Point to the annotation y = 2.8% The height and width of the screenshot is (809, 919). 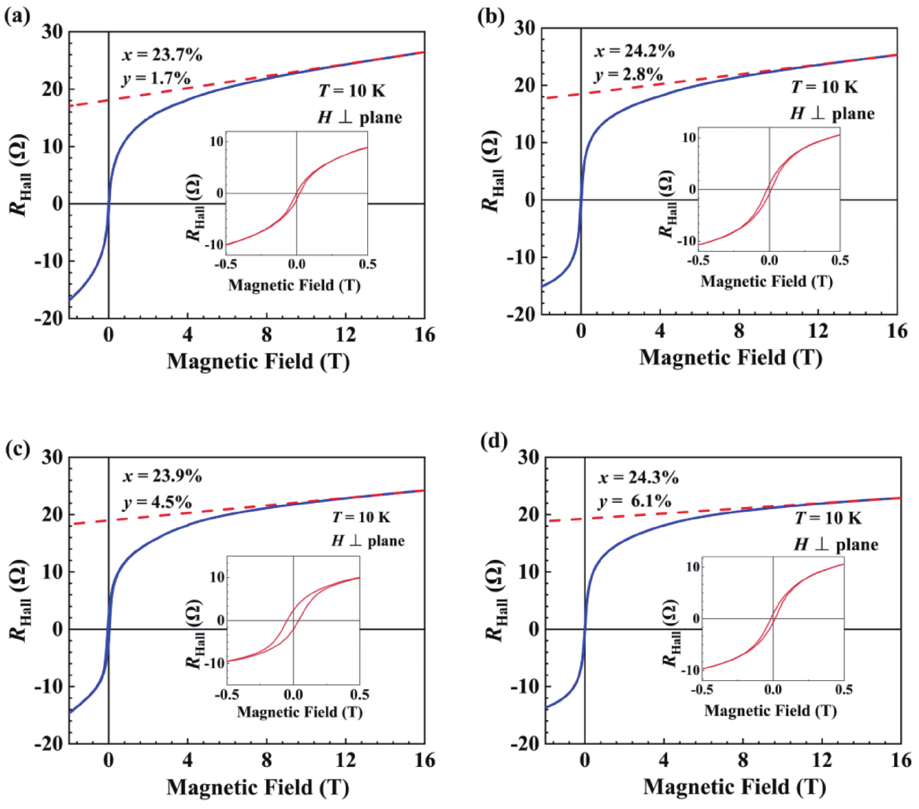629,75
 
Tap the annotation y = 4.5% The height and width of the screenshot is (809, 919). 157,503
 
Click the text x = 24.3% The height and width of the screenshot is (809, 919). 638,477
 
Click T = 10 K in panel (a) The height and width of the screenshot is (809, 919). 352,91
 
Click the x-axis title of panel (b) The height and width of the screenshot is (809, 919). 731,358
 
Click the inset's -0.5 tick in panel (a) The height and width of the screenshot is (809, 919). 226,264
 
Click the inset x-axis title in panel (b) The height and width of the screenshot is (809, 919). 767,281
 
